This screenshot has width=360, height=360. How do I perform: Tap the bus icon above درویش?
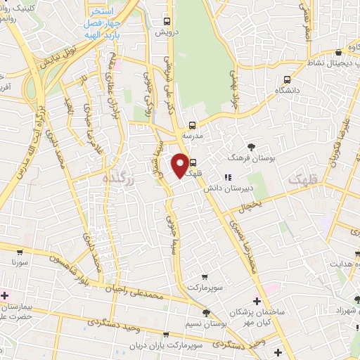click(167, 22)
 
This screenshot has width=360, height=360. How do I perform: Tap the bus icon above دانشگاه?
click(287, 79)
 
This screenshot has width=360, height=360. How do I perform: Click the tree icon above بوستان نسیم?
click(206, 313)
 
